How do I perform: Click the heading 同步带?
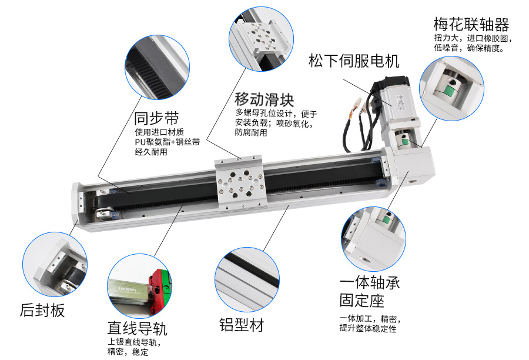point(156,118)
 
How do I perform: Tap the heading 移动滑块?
point(264,99)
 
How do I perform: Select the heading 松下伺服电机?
point(354,61)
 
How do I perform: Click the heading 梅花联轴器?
point(471,24)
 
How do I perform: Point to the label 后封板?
point(42,310)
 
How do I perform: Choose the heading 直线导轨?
point(138,328)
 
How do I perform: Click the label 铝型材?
point(242,325)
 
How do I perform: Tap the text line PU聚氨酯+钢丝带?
point(168,142)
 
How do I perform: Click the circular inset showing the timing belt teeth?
point(157,68)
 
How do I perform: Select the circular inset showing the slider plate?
point(261,39)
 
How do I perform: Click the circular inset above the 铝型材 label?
point(247,279)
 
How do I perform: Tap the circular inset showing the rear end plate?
point(55,265)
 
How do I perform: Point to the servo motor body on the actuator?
point(393,101)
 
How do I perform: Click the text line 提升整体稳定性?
point(368,328)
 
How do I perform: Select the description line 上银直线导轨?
point(134,342)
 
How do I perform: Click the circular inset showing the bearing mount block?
point(373,239)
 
